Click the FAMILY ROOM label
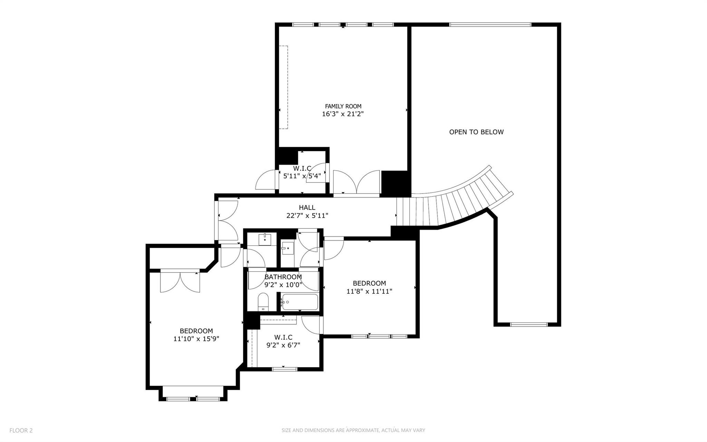(x=343, y=106)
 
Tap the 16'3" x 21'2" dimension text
(x=343, y=114)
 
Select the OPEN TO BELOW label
(x=476, y=132)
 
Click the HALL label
(x=307, y=208)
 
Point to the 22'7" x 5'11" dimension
(x=307, y=216)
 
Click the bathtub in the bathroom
(x=299, y=302)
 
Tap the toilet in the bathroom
(x=263, y=302)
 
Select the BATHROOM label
(x=283, y=277)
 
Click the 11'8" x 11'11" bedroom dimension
(x=369, y=291)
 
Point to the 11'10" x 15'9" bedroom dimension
(x=196, y=339)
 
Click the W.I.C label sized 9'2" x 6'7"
(x=283, y=337)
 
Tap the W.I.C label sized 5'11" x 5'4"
(x=302, y=169)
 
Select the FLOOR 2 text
(x=21, y=430)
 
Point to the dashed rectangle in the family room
(x=283, y=87)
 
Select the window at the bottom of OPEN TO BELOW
(x=529, y=324)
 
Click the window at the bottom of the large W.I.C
(x=284, y=369)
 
